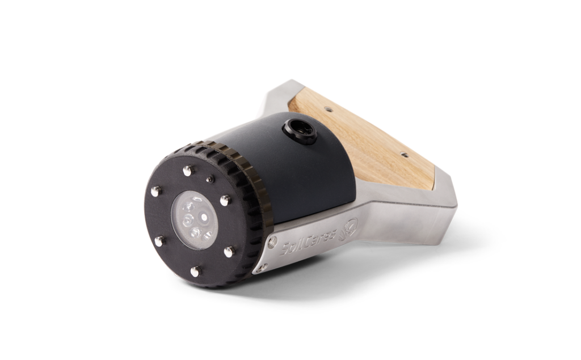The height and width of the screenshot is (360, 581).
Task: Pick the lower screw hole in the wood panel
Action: pos(404,154)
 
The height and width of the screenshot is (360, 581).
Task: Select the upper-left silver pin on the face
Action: pos(155,191)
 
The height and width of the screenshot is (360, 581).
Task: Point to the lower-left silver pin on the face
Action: pos(159,241)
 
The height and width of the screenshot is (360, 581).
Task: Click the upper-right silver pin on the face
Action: pos(225,200)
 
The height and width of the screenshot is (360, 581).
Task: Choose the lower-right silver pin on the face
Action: pos(229,251)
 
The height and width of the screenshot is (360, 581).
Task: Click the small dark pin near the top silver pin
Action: pos(210,179)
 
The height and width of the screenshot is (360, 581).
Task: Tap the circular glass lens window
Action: pos(194,220)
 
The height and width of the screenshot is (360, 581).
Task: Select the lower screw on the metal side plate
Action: pos(262,267)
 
